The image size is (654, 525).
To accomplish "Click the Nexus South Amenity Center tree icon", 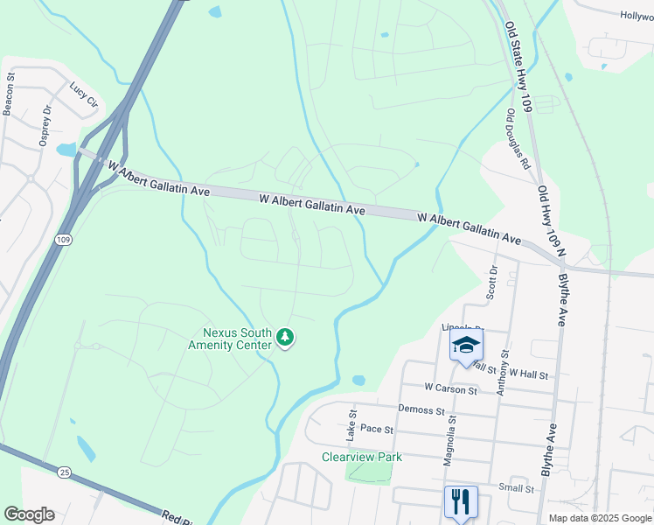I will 284,338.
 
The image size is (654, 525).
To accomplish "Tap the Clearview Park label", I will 361,457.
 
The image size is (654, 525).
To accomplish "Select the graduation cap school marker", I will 466,345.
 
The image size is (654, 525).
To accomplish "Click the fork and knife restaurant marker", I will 461,501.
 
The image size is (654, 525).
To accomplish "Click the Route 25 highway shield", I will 39,472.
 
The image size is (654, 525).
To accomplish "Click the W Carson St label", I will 451,388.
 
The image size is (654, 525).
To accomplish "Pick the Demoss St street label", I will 421,409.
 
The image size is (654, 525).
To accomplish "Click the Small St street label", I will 516,488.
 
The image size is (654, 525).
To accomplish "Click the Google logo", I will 30,514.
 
